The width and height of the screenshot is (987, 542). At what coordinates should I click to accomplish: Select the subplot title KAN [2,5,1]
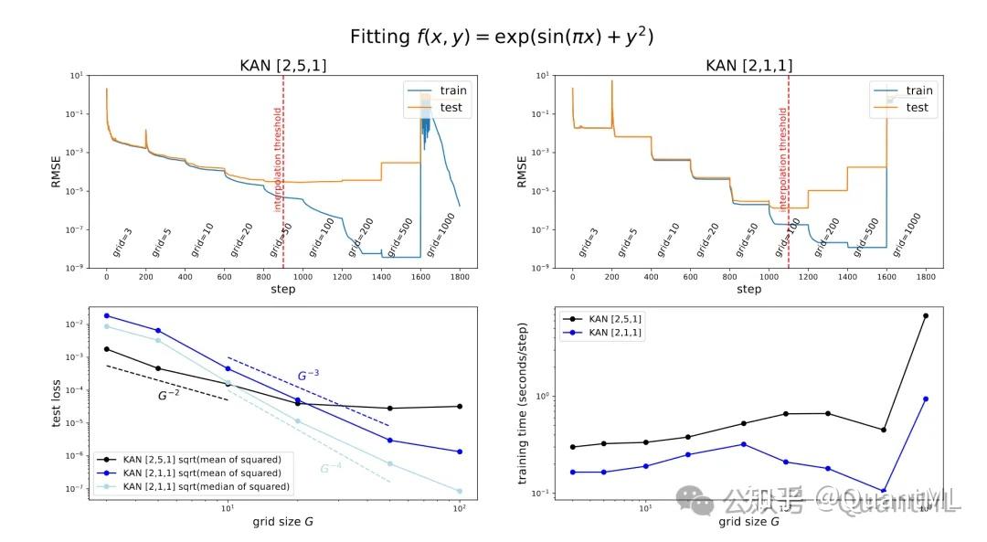[282, 65]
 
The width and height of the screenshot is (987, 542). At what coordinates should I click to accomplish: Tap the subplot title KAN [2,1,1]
[748, 65]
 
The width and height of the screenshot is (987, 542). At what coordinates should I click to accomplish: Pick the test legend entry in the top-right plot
[918, 107]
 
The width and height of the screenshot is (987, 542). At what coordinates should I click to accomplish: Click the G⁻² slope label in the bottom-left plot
[168, 396]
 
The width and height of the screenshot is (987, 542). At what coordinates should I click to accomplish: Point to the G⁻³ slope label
[309, 375]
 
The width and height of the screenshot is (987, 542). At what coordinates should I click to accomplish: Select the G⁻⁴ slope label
[330, 469]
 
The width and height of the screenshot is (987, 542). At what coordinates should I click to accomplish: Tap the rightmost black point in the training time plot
[925, 315]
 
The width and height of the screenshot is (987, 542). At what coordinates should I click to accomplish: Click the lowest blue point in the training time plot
[884, 491]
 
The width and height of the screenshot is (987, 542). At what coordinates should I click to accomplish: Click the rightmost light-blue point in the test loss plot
[459, 491]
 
